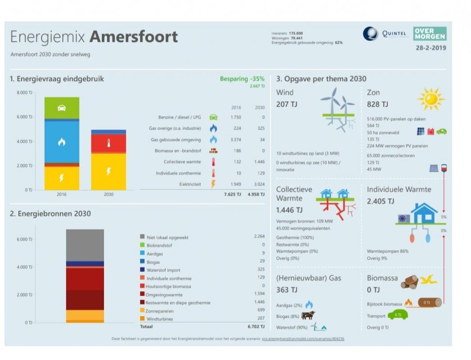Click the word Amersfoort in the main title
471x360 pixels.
[x=133, y=37]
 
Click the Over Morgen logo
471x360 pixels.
[x=430, y=34]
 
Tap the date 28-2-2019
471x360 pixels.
[x=431, y=47]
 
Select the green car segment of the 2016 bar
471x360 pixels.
[x=62, y=108]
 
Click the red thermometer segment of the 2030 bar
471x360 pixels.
[x=109, y=144]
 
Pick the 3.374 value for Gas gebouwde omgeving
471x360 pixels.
[x=236, y=139]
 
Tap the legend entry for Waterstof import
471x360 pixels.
[x=163, y=270]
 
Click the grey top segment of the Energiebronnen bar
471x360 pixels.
[x=85, y=245]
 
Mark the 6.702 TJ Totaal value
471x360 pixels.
[x=256, y=327]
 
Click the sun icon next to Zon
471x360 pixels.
[x=430, y=99]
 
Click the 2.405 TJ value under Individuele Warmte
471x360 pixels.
[x=380, y=201]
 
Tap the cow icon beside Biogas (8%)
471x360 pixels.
[x=308, y=315]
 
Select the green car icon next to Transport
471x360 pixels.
[x=397, y=315]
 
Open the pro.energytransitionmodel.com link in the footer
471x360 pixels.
[x=303, y=338]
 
